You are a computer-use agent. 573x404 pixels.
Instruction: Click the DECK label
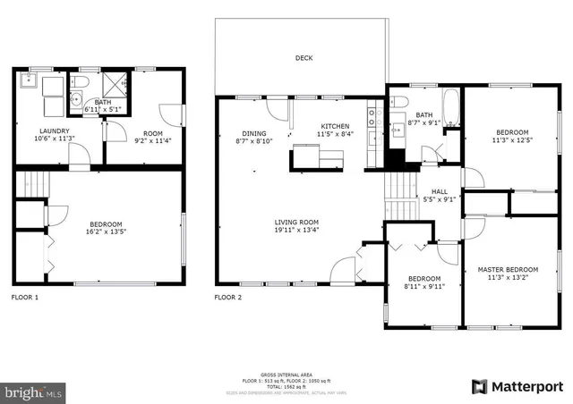304,59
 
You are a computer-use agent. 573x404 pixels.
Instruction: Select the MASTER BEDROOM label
508,269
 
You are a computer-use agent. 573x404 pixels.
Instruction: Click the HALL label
440,191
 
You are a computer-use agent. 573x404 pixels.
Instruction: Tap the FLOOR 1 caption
25,296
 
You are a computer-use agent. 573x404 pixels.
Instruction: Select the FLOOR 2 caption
229,296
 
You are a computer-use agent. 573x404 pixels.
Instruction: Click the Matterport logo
516,386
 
